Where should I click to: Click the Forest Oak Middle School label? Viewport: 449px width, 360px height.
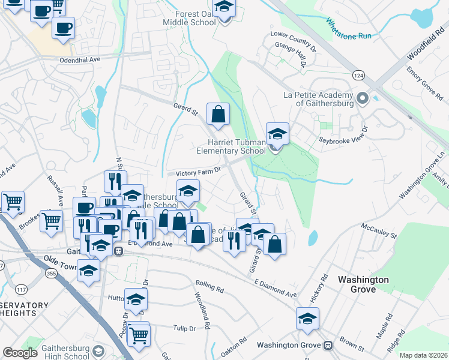189,18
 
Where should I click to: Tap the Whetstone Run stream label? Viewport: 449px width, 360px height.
349,29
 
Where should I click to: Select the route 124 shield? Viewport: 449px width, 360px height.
358,75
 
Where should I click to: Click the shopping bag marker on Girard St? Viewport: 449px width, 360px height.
218,114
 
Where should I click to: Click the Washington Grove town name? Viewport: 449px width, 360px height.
363,284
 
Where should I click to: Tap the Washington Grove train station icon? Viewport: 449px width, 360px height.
328,346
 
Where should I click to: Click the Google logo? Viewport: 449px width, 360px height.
20,353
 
